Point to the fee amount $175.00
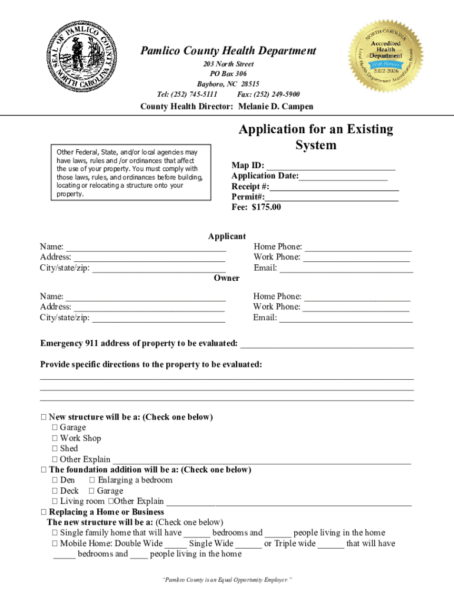coord(266,207)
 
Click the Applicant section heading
coord(226,236)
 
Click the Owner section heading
coord(226,278)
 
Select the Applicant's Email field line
coord(346,268)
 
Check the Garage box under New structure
coord(54,428)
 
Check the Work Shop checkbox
coord(54,438)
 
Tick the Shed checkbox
coord(54,449)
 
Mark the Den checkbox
coord(54,480)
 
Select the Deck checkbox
coord(54,491)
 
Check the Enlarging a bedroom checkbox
coord(92,480)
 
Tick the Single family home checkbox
coord(54,533)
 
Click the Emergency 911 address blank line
coord(327,344)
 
